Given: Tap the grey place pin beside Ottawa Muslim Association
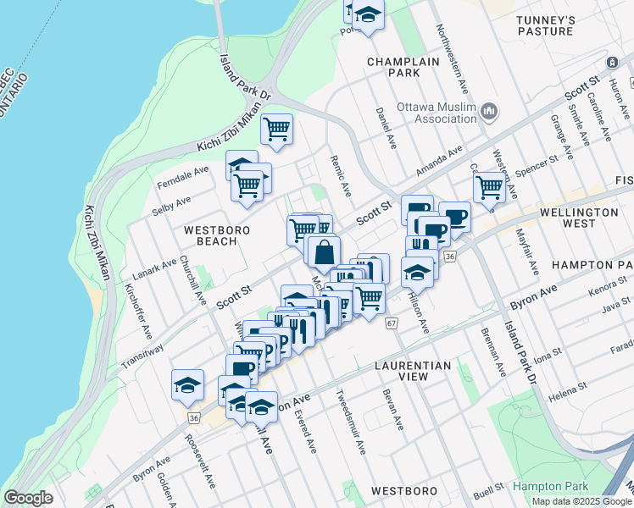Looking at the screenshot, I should coord(489,111).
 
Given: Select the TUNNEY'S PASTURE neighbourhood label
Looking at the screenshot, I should coord(547,25).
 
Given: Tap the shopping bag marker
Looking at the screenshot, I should coord(324,251).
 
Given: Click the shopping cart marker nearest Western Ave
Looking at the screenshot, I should coord(489,186).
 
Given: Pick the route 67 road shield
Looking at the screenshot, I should coord(391,323).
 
